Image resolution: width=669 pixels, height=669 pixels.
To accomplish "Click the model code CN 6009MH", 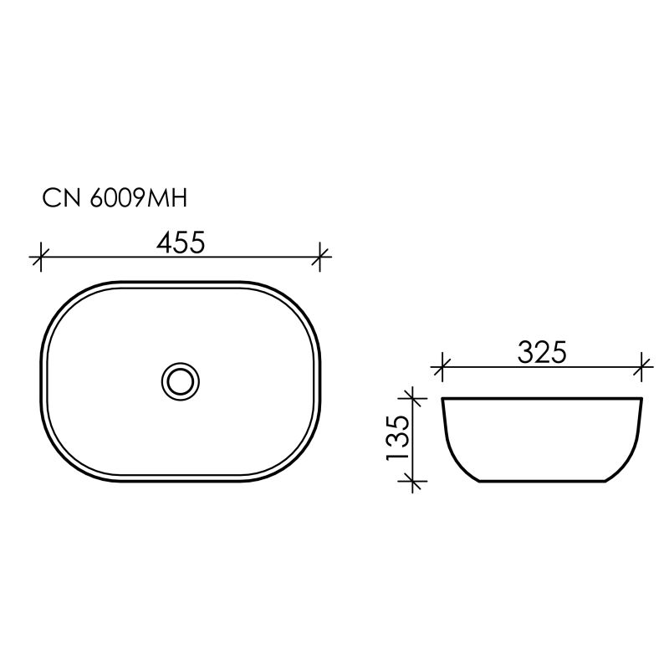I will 115,198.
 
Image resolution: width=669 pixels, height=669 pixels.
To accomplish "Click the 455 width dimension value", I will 181,243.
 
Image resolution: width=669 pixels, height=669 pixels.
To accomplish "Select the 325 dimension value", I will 542,352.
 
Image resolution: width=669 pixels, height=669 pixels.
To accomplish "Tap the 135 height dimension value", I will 397,439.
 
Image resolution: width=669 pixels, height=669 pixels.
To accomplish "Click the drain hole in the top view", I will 180,381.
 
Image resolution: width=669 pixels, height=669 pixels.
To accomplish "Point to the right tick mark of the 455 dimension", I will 320,257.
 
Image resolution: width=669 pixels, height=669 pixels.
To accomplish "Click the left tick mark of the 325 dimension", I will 442,365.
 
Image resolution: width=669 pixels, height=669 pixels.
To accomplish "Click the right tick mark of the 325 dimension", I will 642,365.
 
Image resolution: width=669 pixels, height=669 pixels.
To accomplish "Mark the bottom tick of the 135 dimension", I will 411,481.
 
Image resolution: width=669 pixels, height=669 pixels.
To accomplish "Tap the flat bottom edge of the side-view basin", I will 542,482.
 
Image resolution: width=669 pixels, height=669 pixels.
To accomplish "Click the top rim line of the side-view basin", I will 542,399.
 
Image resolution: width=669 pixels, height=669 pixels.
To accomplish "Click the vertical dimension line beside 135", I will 411,439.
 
